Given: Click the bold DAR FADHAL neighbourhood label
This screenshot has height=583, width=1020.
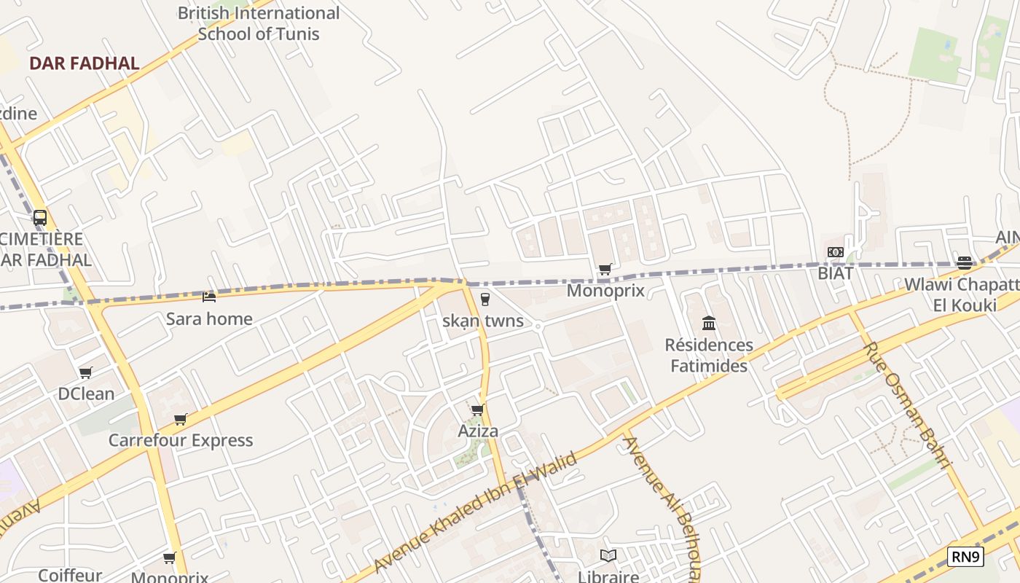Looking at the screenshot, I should [84, 63].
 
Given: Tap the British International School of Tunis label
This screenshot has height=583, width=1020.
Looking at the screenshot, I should [259, 23].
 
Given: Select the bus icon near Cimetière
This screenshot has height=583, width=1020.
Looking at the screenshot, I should [40, 217].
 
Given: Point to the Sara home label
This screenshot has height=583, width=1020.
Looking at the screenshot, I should [209, 318].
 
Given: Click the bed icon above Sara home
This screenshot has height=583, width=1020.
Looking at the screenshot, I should [209, 297].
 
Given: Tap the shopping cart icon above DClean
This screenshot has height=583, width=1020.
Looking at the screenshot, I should [85, 373].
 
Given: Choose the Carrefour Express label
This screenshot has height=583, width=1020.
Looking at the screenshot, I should [181, 440].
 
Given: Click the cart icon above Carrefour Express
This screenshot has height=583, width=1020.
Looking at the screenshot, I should [180, 419].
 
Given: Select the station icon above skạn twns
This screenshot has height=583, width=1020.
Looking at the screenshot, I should [485, 300].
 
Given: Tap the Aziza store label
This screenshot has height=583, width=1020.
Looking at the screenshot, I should [478, 431].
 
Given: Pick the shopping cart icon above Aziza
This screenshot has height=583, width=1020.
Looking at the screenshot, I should [477, 410].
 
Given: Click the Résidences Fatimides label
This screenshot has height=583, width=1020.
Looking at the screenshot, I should [709, 355].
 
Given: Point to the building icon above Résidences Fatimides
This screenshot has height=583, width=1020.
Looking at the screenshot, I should [709, 323].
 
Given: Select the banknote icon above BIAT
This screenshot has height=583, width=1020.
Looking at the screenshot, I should [835, 252].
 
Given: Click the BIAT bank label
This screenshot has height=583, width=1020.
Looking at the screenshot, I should [835, 273].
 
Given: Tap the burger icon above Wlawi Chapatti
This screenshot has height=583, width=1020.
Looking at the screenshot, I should [965, 262].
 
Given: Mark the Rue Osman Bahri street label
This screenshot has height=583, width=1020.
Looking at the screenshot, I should [908, 405].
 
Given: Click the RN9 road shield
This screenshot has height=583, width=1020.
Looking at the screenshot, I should [966, 557].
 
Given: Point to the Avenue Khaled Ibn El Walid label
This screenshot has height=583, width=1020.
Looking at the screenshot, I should [475, 512].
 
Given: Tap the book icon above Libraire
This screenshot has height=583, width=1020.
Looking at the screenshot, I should [608, 555].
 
